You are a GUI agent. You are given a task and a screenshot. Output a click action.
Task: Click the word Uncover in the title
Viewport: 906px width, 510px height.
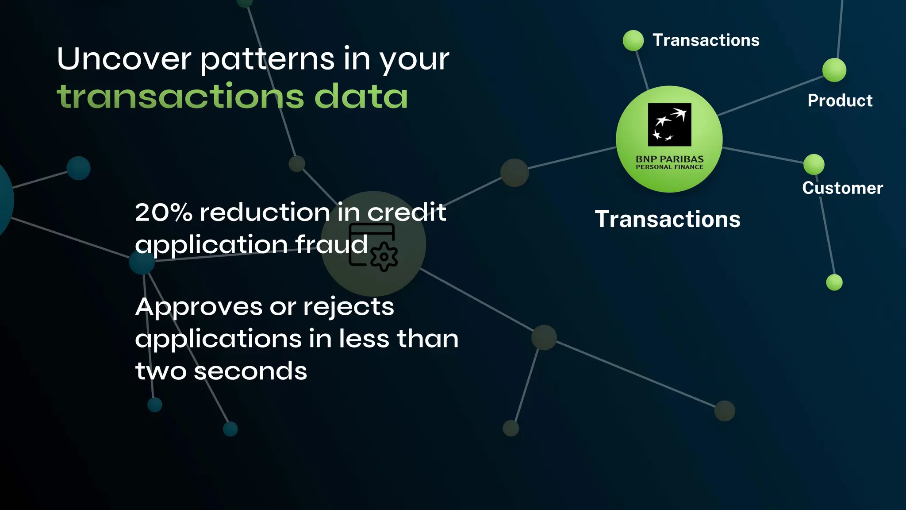point(124,59)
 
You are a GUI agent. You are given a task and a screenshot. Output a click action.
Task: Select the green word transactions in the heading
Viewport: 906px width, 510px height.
point(180,97)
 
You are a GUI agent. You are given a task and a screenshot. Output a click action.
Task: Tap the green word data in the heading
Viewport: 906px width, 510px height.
point(361,97)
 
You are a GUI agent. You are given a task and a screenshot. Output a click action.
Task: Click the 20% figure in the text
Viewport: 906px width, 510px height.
point(163,212)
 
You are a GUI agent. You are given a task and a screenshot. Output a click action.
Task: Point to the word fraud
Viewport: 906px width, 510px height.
point(331,244)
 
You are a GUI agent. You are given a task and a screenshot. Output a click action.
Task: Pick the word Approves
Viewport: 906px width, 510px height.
point(199,307)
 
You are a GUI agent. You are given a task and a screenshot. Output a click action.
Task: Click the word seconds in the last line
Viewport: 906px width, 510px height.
point(250,371)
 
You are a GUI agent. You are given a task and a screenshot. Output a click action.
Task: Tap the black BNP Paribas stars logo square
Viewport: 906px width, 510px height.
point(669,125)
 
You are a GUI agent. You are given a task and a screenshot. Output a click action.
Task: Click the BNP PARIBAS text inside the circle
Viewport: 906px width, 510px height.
point(669,159)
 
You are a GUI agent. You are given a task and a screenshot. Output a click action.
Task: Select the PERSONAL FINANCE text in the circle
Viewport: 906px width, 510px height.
point(669,167)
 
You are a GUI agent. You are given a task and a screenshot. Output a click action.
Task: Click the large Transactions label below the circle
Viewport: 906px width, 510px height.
point(668,220)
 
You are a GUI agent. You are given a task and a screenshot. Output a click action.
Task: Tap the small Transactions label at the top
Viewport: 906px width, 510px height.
point(706,40)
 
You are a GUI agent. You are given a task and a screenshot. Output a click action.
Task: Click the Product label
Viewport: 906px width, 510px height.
point(840,101)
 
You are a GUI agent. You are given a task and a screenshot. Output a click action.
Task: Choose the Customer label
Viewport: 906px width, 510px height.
point(842,188)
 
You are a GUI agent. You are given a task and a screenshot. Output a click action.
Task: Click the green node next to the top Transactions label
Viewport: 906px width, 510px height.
point(633,41)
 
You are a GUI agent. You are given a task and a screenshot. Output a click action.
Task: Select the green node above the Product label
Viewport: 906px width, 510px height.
point(834,70)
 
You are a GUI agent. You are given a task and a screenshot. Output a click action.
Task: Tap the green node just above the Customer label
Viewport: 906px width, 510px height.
point(814,165)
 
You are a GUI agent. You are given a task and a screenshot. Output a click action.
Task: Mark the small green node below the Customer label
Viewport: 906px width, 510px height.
point(834,282)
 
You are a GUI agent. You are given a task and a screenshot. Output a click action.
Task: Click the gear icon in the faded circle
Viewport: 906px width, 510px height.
point(384,257)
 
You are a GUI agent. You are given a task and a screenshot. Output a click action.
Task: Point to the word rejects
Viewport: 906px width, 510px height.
point(349,307)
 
